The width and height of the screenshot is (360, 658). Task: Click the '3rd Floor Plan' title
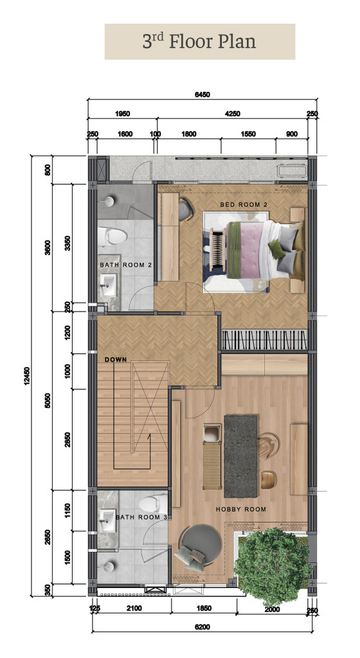click(x=199, y=42)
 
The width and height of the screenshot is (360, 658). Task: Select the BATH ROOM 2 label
click(x=125, y=265)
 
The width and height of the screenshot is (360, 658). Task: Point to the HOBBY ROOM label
click(x=241, y=510)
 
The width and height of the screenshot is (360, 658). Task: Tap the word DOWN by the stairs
click(x=116, y=360)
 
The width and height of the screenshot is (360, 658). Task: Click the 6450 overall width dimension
click(x=203, y=95)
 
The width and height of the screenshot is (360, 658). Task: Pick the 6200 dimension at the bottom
click(x=203, y=627)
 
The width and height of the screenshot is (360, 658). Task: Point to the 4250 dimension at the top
click(x=233, y=114)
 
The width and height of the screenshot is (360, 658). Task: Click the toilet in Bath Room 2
click(x=113, y=236)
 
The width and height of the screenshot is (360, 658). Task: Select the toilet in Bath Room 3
click(x=153, y=504)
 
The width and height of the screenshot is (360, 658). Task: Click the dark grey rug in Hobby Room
click(x=241, y=456)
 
